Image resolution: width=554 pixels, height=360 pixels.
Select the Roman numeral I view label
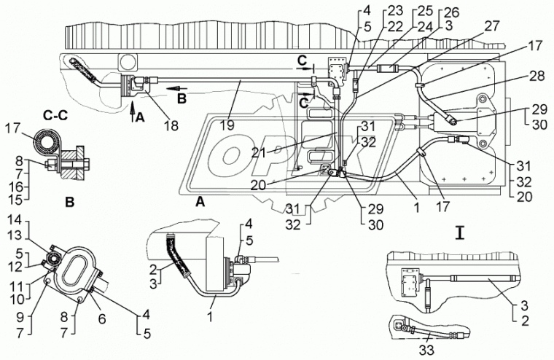pos(459,233)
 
